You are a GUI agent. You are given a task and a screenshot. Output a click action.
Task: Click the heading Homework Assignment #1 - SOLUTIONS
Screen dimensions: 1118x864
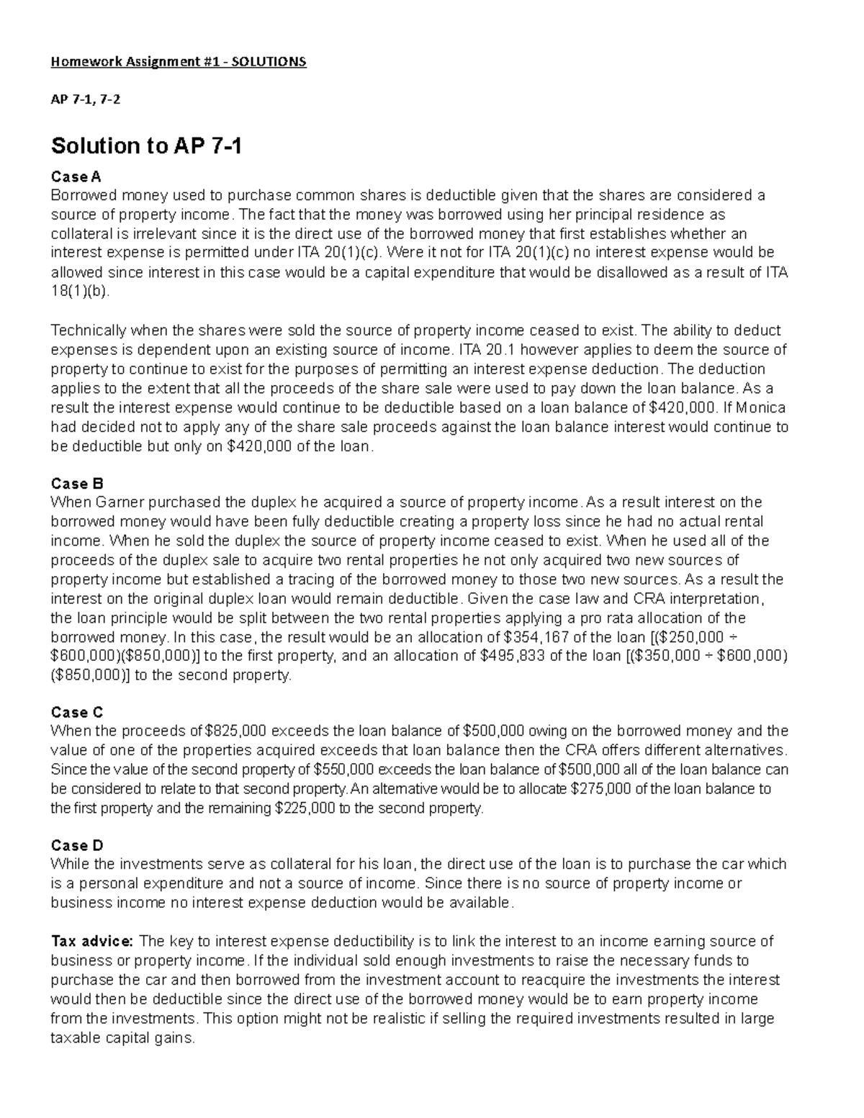tap(178, 62)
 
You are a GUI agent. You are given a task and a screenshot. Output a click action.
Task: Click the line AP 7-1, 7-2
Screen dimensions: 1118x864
tap(85, 100)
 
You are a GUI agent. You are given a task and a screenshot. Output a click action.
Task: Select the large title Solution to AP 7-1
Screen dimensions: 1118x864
tap(146, 147)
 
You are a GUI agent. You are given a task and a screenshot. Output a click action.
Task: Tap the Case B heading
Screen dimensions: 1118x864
tap(78, 483)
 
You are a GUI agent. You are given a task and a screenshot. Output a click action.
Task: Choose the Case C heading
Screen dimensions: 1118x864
tap(78, 713)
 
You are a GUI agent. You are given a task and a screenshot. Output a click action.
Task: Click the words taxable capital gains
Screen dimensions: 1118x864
tap(122, 1039)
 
